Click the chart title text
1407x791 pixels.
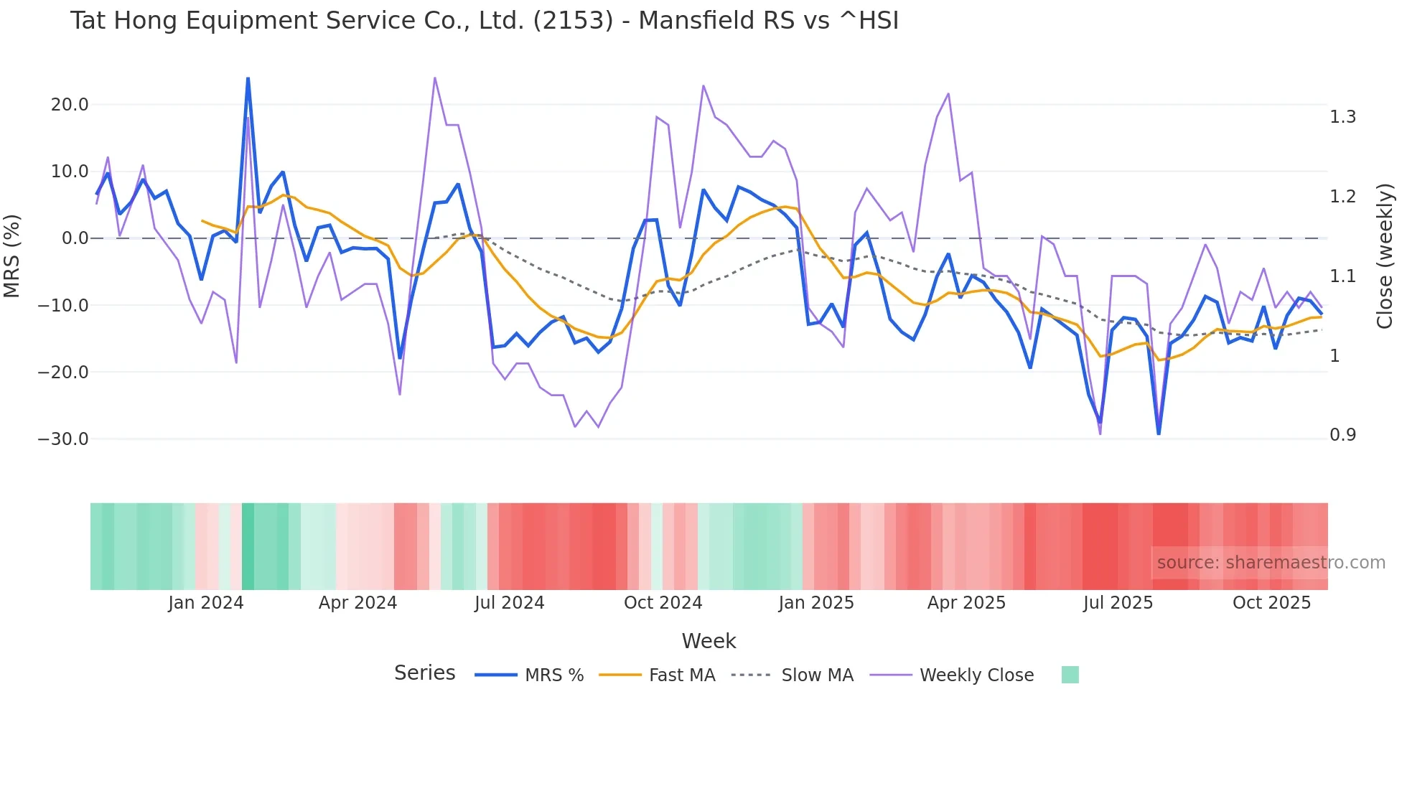click(x=484, y=21)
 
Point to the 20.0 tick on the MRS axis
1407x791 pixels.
click(x=70, y=105)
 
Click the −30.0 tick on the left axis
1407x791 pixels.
click(x=63, y=439)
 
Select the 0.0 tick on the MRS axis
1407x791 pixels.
click(x=75, y=238)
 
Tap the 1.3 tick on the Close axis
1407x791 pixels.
click(x=1342, y=117)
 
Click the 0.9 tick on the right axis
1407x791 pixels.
click(x=1342, y=435)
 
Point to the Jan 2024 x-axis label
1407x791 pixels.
click(x=206, y=603)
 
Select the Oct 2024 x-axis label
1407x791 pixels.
click(x=663, y=603)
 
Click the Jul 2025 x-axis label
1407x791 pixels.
click(x=1118, y=603)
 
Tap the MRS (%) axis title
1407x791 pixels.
click(x=12, y=256)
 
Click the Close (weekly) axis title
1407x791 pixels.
click(x=1385, y=256)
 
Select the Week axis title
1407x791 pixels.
click(x=709, y=641)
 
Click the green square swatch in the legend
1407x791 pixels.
click(x=1070, y=675)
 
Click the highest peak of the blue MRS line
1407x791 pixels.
click(x=248, y=79)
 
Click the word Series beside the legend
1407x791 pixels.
click(x=424, y=673)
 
